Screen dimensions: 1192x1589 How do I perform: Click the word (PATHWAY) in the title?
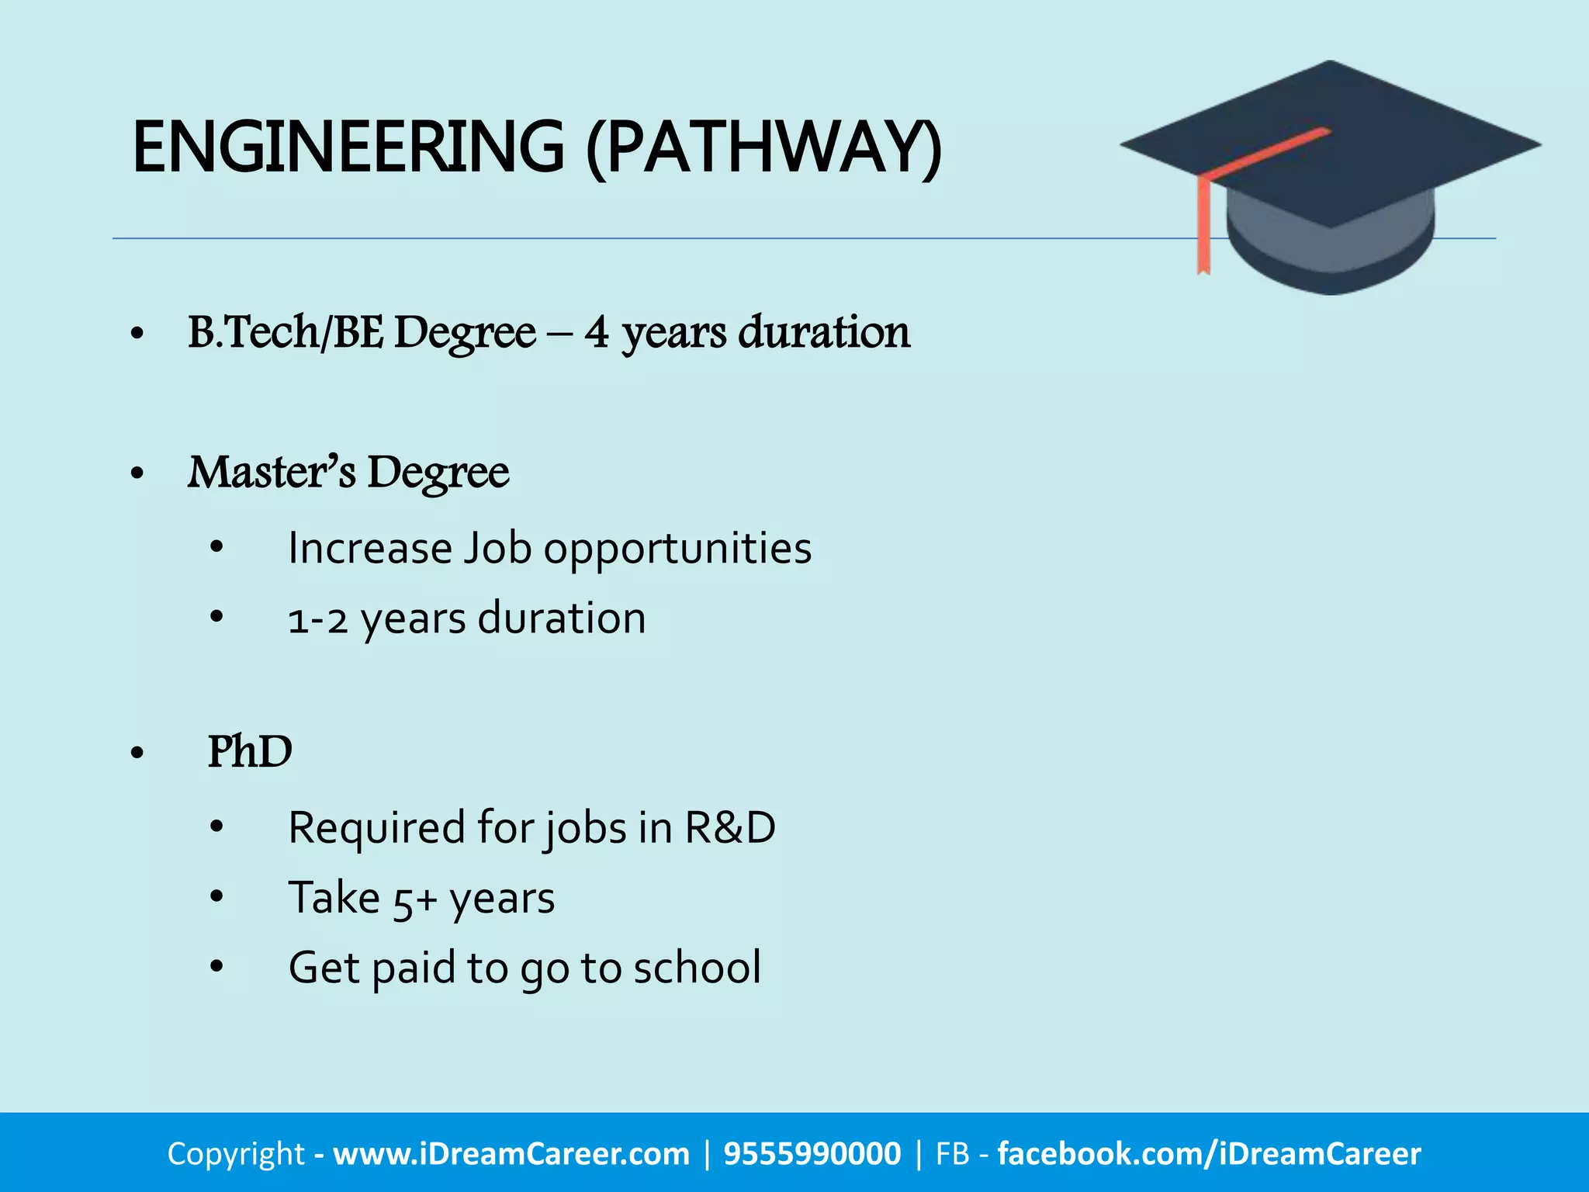(763, 147)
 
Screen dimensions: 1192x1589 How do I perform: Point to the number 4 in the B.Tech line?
(597, 332)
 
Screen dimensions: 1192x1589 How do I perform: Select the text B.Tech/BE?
(286, 332)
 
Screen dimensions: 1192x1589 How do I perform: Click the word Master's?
(272, 472)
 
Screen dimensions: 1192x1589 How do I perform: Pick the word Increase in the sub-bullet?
(370, 548)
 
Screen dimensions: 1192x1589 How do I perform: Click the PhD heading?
(250, 751)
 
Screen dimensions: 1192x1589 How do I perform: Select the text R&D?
(729, 827)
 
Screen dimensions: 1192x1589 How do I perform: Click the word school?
(697, 968)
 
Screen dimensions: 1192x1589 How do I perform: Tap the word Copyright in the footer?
(236, 1154)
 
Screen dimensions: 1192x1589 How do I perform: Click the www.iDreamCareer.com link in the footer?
(511, 1154)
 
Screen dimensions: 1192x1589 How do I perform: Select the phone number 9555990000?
(812, 1154)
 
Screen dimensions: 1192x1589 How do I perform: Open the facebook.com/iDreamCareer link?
(1209, 1154)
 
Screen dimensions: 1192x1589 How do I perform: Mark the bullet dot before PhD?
(138, 752)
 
